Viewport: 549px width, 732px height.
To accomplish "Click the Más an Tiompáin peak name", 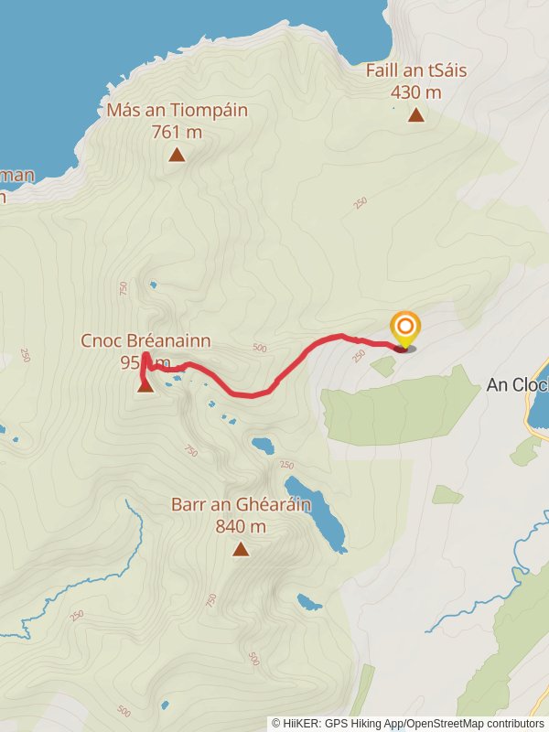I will pyautogui.click(x=177, y=111).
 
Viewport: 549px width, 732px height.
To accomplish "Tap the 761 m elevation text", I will pyautogui.click(x=177, y=132).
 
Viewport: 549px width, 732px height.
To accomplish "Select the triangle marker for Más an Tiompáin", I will pyautogui.click(x=177, y=155).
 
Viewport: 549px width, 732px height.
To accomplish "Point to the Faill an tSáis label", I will pyautogui.click(x=415, y=70).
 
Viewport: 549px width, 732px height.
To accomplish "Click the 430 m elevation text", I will pyautogui.click(x=415, y=91).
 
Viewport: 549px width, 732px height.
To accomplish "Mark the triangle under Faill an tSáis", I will pyautogui.click(x=416, y=114).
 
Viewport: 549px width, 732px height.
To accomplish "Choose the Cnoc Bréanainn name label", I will pyautogui.click(x=145, y=341).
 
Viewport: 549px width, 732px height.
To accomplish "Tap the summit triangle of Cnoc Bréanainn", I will pyautogui.click(x=145, y=386).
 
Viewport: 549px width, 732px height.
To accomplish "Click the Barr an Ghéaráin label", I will pyautogui.click(x=241, y=504).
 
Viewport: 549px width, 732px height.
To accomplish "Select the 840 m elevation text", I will pyautogui.click(x=241, y=526).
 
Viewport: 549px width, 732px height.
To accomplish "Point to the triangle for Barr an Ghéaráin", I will pyautogui.click(x=241, y=549).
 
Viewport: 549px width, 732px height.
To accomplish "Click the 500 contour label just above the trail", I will pyautogui.click(x=259, y=349).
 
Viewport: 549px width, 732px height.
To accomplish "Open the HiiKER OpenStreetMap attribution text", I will pyautogui.click(x=408, y=723).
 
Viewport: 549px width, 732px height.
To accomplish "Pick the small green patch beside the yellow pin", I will pyautogui.click(x=383, y=366).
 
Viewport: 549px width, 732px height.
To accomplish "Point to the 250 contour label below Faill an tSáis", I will pyautogui.click(x=360, y=201).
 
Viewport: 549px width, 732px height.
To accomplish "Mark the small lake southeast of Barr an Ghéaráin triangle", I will pyautogui.click(x=308, y=602).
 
